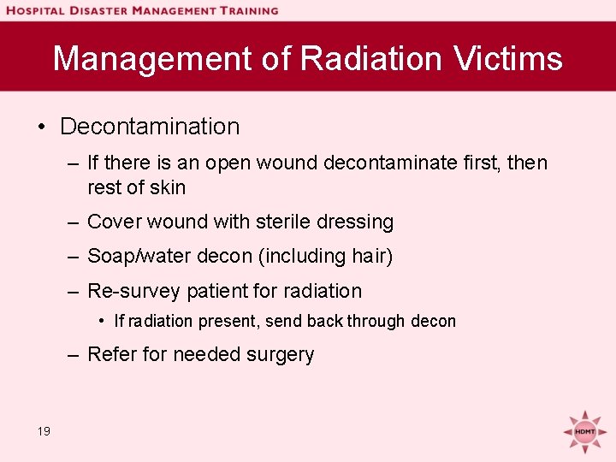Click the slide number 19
[44, 431]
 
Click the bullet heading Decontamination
[150, 127]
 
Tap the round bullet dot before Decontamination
[41, 127]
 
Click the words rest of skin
[136, 187]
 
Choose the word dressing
[355, 222]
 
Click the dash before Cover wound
[75, 222]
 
